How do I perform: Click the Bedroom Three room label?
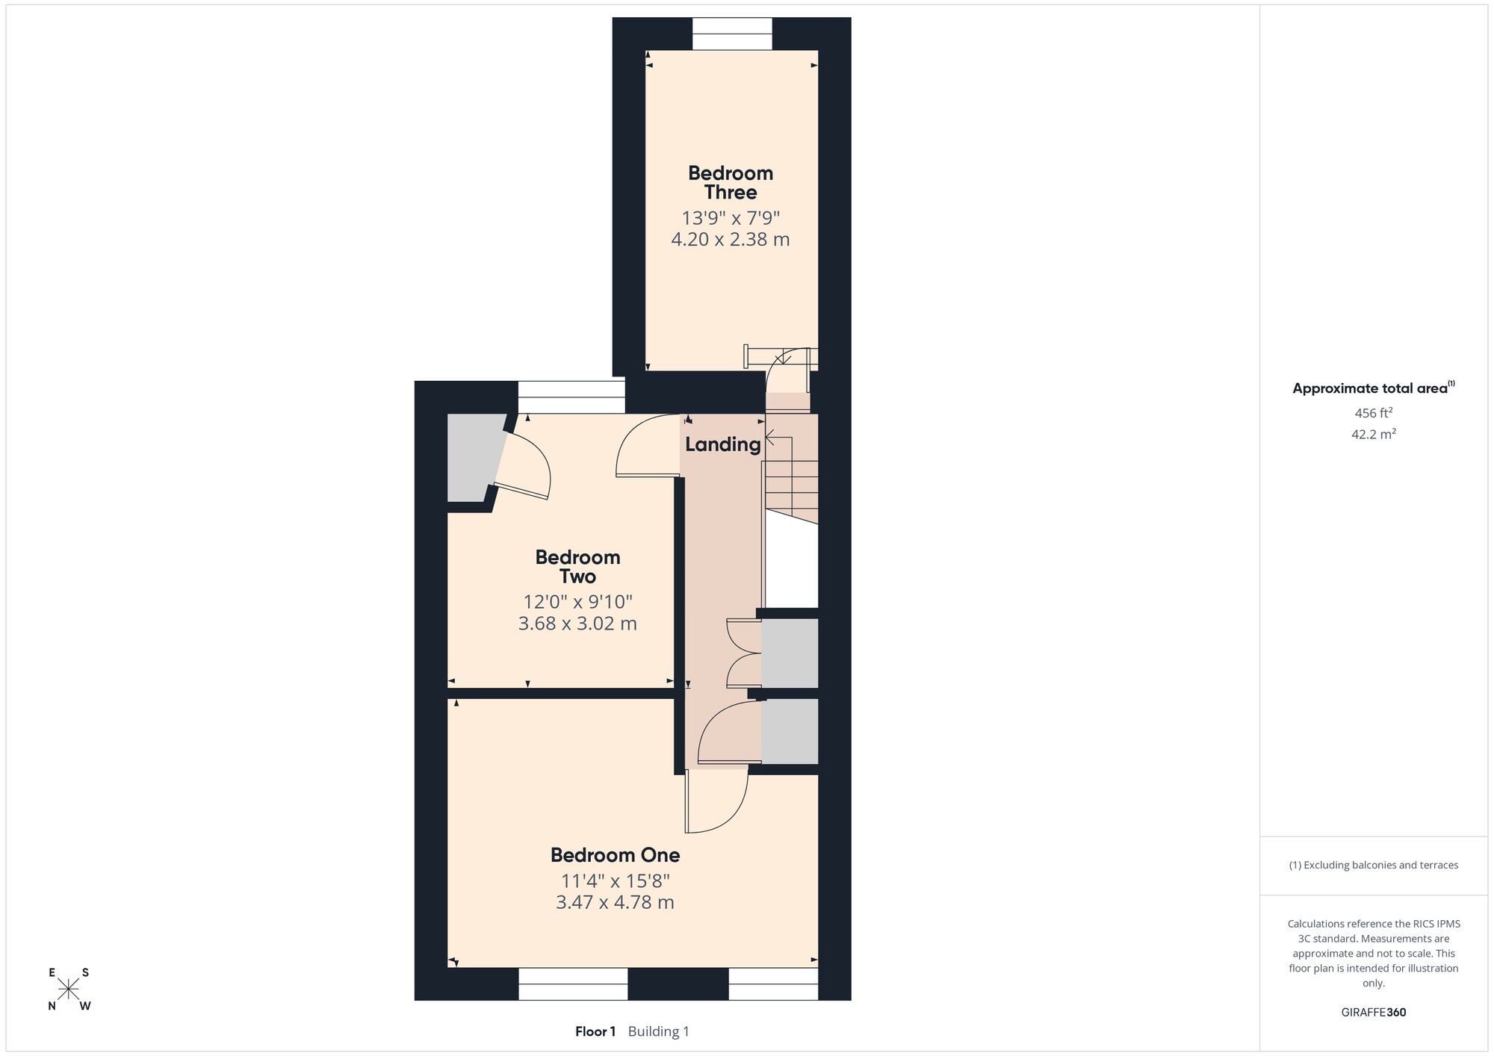731,182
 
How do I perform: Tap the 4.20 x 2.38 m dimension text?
731,240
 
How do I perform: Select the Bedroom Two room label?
577,566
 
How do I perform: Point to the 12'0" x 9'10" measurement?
577,602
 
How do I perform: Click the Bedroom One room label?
615,854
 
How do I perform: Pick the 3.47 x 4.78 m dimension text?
615,902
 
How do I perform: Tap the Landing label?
722,445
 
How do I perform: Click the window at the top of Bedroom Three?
731,34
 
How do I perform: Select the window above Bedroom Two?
571,397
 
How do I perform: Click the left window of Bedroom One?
573,984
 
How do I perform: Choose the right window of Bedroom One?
773,984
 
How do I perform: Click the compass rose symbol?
69,990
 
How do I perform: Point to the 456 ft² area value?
1373,412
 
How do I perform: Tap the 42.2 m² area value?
1373,434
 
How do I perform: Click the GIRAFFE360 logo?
1373,1013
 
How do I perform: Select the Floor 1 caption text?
595,1032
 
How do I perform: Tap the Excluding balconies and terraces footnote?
1373,866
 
